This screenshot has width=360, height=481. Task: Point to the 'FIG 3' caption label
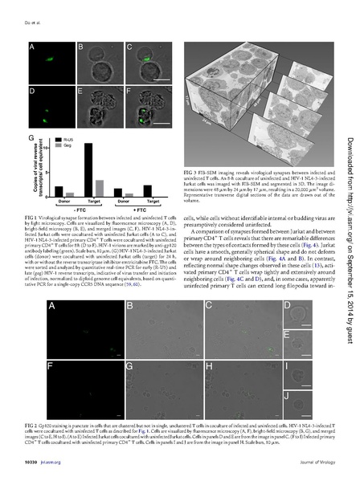tap(191, 172)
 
